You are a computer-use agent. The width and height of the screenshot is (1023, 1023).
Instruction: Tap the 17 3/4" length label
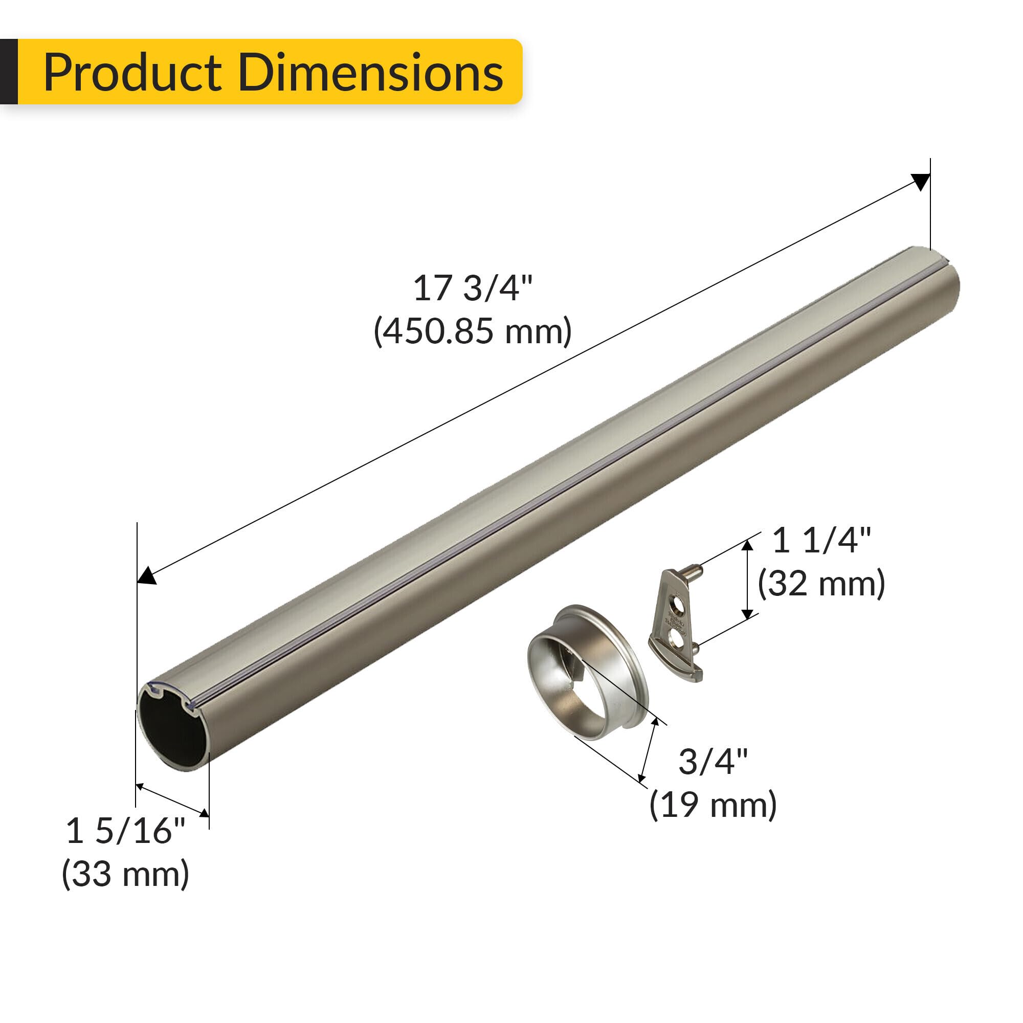pyautogui.click(x=472, y=289)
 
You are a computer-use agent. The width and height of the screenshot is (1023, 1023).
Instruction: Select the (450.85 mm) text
pyautogui.click(x=472, y=331)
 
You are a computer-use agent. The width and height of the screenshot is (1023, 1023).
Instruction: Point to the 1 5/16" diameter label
pyautogui.click(x=125, y=831)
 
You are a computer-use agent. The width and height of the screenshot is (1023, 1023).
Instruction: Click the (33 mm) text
pyautogui.click(x=125, y=874)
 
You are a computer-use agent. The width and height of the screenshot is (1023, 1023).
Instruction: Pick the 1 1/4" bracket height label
pyautogui.click(x=821, y=541)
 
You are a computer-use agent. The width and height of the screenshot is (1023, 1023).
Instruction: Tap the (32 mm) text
pyautogui.click(x=821, y=584)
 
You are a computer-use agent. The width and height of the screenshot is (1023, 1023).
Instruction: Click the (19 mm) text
pyautogui.click(x=713, y=805)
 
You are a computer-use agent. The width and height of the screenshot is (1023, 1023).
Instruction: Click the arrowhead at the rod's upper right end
pyautogui.click(x=921, y=182)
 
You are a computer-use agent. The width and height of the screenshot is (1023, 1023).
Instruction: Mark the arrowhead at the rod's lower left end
pyautogui.click(x=147, y=575)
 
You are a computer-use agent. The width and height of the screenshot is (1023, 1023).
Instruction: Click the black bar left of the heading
pyautogui.click(x=9, y=72)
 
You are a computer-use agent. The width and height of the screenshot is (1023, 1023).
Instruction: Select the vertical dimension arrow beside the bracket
pyautogui.click(x=747, y=580)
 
